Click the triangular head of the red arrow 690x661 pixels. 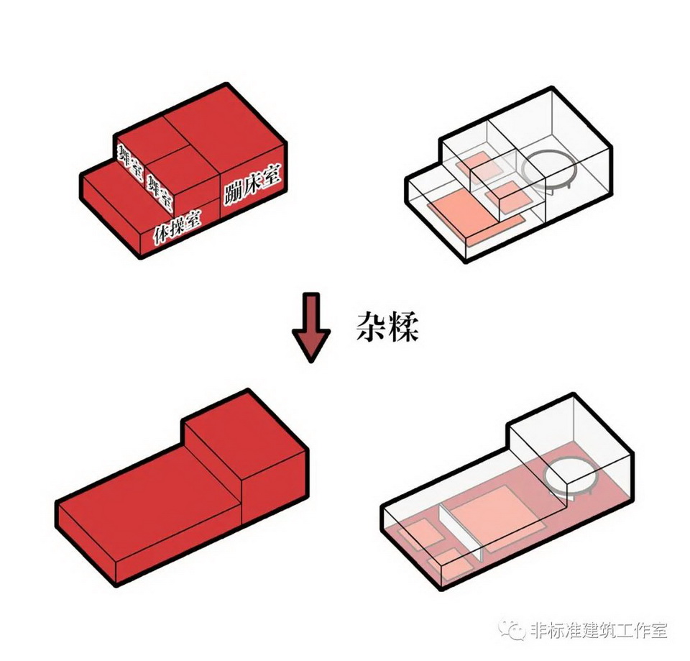pyautogui.click(x=310, y=343)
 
